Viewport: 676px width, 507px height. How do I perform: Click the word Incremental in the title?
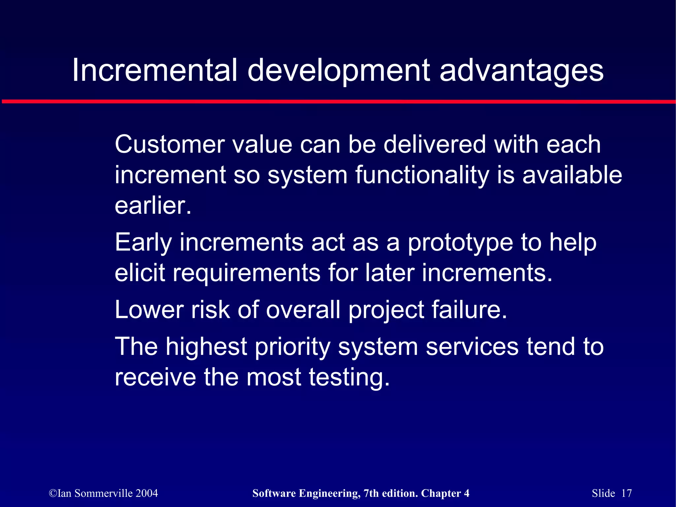pyautogui.click(x=154, y=70)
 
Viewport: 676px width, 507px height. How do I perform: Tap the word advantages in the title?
pyautogui.click(x=522, y=70)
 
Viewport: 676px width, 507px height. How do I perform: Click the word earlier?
pyautogui.click(x=152, y=206)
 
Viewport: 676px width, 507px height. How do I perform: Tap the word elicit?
pyautogui.click(x=140, y=273)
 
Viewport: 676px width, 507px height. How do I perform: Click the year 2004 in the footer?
pyautogui.click(x=147, y=493)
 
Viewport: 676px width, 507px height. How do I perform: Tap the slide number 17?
pyautogui.click(x=626, y=493)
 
